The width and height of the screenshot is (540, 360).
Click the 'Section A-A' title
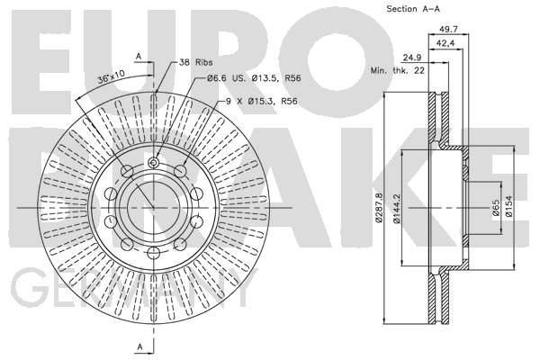click(x=413, y=9)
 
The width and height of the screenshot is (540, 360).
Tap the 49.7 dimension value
click(x=448, y=30)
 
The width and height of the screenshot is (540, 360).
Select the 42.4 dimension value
click(x=445, y=43)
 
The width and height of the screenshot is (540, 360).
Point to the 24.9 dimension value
click(x=412, y=58)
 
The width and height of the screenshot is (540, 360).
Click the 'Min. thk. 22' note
click(x=398, y=71)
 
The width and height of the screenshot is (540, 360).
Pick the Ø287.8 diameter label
click(x=379, y=208)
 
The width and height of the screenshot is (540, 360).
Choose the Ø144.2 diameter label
click(x=397, y=209)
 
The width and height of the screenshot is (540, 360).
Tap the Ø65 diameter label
click(x=496, y=208)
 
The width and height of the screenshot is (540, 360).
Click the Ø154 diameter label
click(x=509, y=206)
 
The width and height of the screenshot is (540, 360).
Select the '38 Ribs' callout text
click(x=195, y=62)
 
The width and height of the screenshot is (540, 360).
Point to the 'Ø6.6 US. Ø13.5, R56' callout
click(x=254, y=78)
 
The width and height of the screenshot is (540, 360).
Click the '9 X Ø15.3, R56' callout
click(x=261, y=102)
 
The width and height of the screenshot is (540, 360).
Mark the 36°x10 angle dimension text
click(x=111, y=77)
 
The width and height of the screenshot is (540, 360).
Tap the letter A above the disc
click(x=139, y=56)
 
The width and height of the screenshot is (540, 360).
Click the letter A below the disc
click(x=139, y=346)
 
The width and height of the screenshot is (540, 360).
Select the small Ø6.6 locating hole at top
click(x=154, y=162)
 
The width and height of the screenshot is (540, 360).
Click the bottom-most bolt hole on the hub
click(x=154, y=253)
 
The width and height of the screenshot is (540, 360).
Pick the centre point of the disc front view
click(x=154, y=208)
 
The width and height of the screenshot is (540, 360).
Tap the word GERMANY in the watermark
click(x=134, y=288)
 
